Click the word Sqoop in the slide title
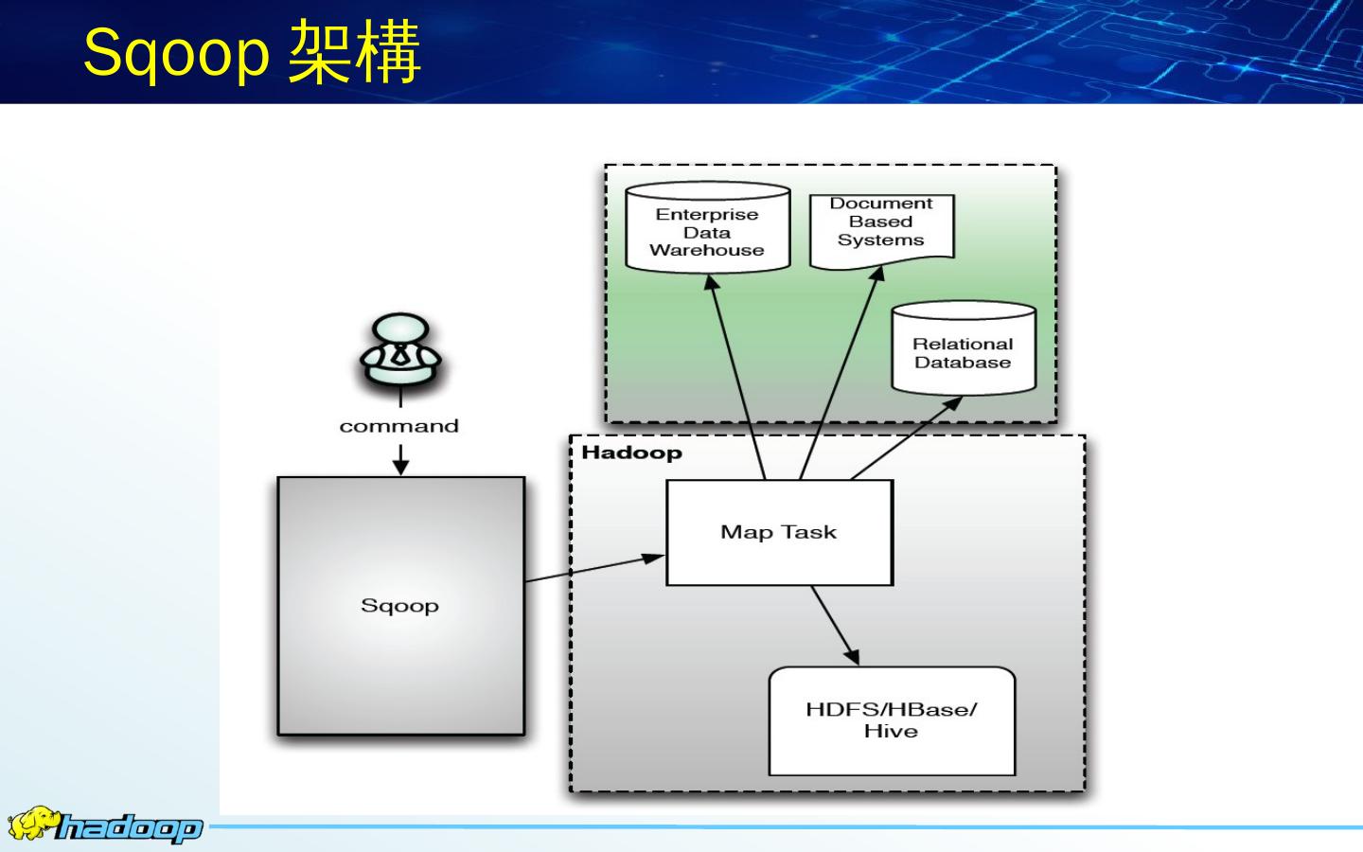(176, 53)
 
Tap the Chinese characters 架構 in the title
(354, 53)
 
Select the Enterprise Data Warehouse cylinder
(707, 231)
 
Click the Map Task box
(779, 532)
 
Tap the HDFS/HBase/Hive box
(891, 720)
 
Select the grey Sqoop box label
(399, 606)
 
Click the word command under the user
(398, 426)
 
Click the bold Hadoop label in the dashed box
(631, 453)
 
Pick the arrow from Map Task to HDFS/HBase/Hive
(834, 625)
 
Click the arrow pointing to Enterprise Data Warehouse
(736, 379)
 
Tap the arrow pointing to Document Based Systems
(841, 373)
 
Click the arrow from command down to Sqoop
(400, 461)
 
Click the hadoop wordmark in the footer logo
(129, 829)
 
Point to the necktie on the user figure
(400, 356)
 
